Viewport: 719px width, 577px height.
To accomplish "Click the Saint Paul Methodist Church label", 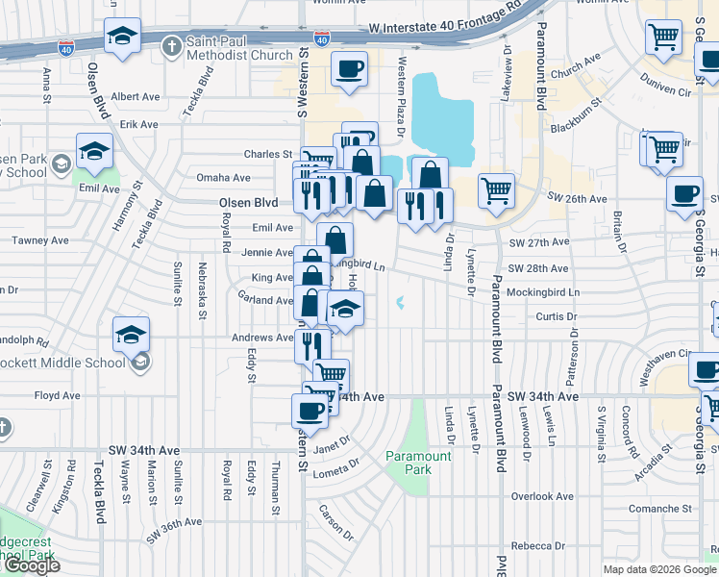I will pyautogui.click(x=238, y=48).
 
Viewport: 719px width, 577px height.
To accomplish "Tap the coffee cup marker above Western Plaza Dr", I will pyautogui.click(x=349, y=68).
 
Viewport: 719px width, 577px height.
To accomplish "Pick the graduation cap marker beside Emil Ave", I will pyautogui.click(x=94, y=151).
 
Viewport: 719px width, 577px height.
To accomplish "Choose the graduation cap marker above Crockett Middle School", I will pyautogui.click(x=131, y=335).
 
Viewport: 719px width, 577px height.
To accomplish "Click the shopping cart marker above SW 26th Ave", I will pyautogui.click(x=496, y=190).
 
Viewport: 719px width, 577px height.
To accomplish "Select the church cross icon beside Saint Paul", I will pyautogui.click(x=171, y=46).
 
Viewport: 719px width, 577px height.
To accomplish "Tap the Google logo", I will pyautogui.click(x=31, y=565).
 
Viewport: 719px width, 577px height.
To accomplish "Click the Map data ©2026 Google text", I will pyautogui.click(x=659, y=569).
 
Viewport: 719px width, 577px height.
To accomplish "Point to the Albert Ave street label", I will pyautogui.click(x=136, y=97).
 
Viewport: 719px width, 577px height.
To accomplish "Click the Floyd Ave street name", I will pyautogui.click(x=58, y=395).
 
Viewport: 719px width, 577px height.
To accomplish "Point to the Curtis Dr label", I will pyautogui.click(x=557, y=316).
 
